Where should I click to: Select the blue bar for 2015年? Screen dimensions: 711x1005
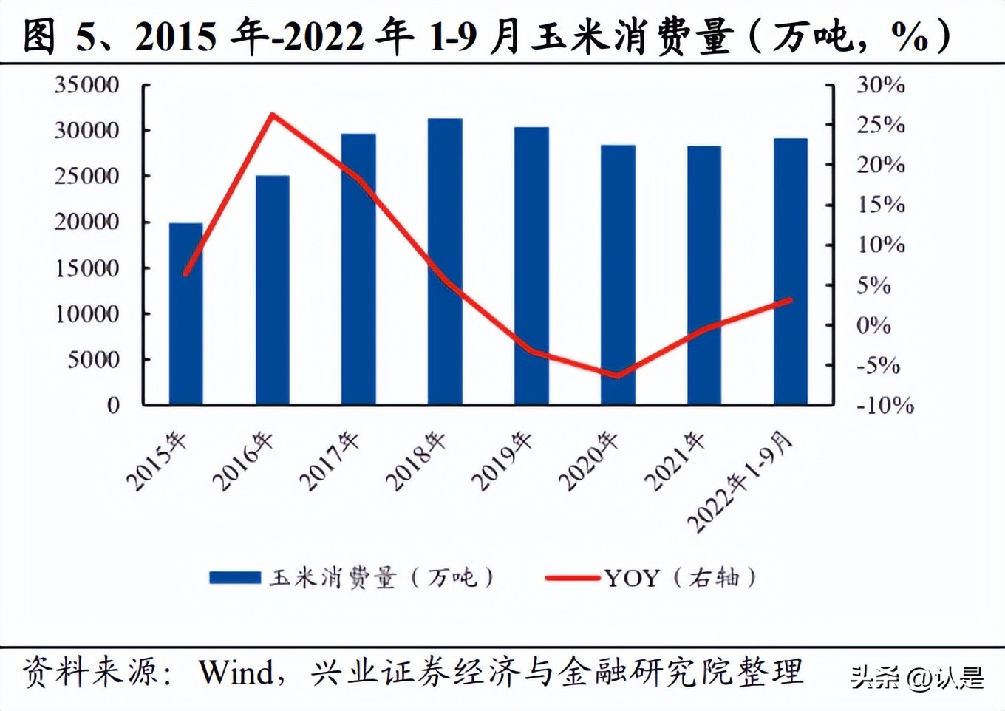tap(185, 314)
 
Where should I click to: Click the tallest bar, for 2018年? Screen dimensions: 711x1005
tap(445, 262)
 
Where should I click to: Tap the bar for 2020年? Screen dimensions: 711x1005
tap(618, 275)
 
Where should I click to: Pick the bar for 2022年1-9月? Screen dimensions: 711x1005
tap(790, 272)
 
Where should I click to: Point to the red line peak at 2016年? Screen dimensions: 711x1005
tap(272, 115)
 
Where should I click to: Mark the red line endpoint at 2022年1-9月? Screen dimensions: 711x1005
tap(790, 300)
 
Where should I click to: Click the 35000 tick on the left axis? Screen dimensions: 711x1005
tap(86, 85)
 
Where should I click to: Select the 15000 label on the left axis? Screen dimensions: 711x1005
tap(86, 268)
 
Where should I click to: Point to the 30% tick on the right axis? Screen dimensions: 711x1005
tap(881, 85)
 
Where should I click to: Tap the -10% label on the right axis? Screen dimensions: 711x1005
tap(885, 405)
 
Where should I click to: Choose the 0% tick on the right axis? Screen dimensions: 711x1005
tap(874, 325)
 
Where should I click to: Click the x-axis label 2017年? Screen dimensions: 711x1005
tap(330, 461)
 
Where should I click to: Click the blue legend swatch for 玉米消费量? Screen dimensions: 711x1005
tap(235, 577)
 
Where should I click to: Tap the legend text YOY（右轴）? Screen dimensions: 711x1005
tap(681, 577)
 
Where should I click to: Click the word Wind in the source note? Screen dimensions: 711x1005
tap(235, 672)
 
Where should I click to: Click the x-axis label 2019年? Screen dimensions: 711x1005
tap(502, 461)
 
